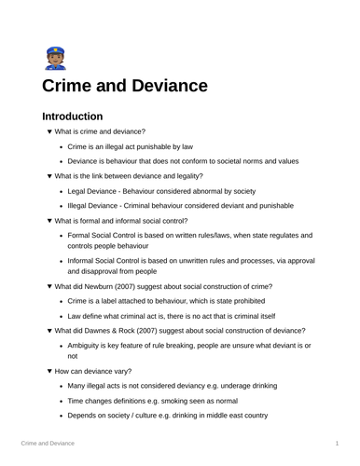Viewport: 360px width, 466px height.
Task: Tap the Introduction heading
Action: (72, 117)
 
